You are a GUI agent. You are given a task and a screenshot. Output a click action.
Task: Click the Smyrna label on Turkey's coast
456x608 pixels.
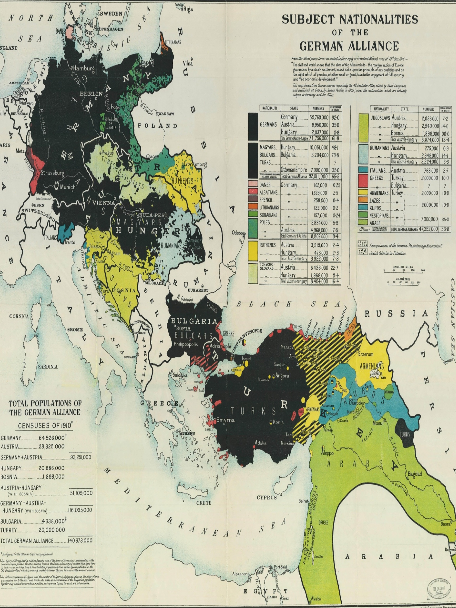(x=225, y=420)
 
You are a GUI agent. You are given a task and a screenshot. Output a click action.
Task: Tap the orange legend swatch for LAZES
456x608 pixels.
(x=363, y=200)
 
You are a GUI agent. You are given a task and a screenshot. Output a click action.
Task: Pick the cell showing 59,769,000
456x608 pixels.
(x=319, y=117)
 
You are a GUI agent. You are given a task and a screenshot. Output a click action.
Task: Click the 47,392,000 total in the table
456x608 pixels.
(x=428, y=229)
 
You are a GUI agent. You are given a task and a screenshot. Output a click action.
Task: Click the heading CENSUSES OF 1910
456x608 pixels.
(x=45, y=426)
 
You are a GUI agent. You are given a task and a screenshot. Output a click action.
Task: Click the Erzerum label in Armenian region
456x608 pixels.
(x=366, y=354)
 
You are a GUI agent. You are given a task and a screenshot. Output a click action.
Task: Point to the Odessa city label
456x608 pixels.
(x=238, y=233)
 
